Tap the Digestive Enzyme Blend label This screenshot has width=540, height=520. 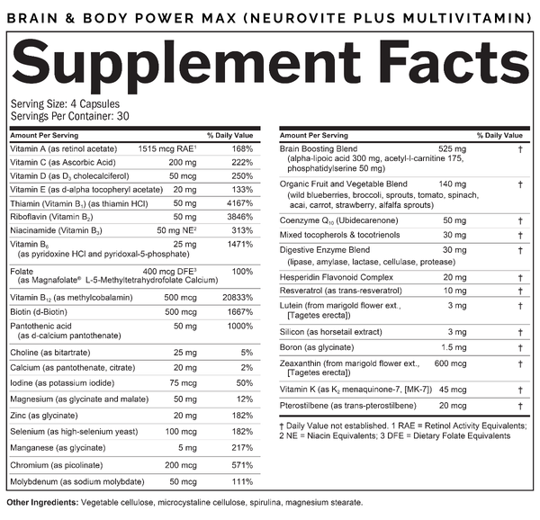point(324,248)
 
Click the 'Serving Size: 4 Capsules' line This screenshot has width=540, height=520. point(59,105)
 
